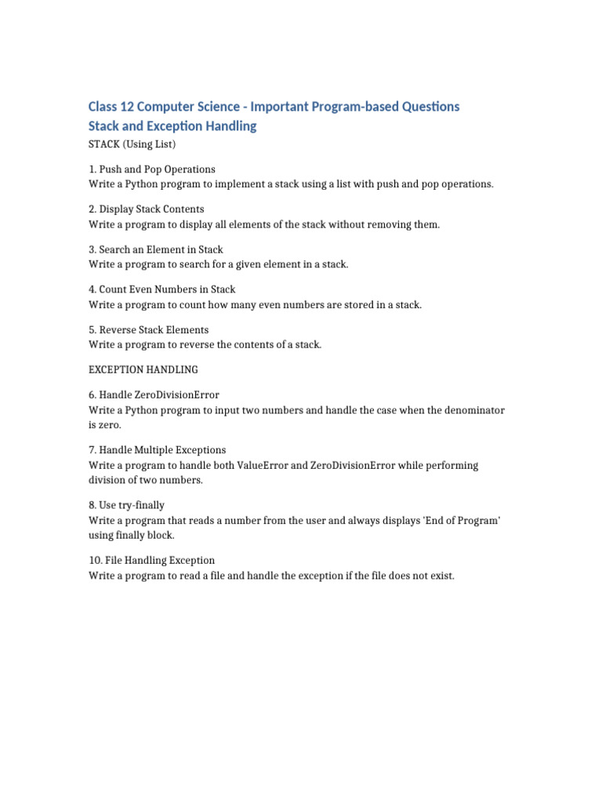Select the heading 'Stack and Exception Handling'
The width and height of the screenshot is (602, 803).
[x=172, y=125]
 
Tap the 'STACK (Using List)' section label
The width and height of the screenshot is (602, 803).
[x=132, y=144]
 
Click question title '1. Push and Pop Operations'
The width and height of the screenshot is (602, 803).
[x=152, y=169]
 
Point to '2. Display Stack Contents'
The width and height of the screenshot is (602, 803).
[x=147, y=209]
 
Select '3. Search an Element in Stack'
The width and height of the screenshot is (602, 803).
[x=156, y=249]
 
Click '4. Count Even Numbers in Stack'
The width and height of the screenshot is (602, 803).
[x=162, y=289]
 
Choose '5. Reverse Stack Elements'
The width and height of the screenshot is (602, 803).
[x=149, y=329]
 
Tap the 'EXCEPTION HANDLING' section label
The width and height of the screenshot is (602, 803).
[x=143, y=369]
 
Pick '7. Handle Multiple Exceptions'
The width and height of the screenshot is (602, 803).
[x=158, y=450]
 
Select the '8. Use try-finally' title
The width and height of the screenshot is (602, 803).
[x=127, y=505]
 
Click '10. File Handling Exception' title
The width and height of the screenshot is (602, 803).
[x=152, y=560]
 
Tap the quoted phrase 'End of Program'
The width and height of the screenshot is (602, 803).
[x=458, y=520]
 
